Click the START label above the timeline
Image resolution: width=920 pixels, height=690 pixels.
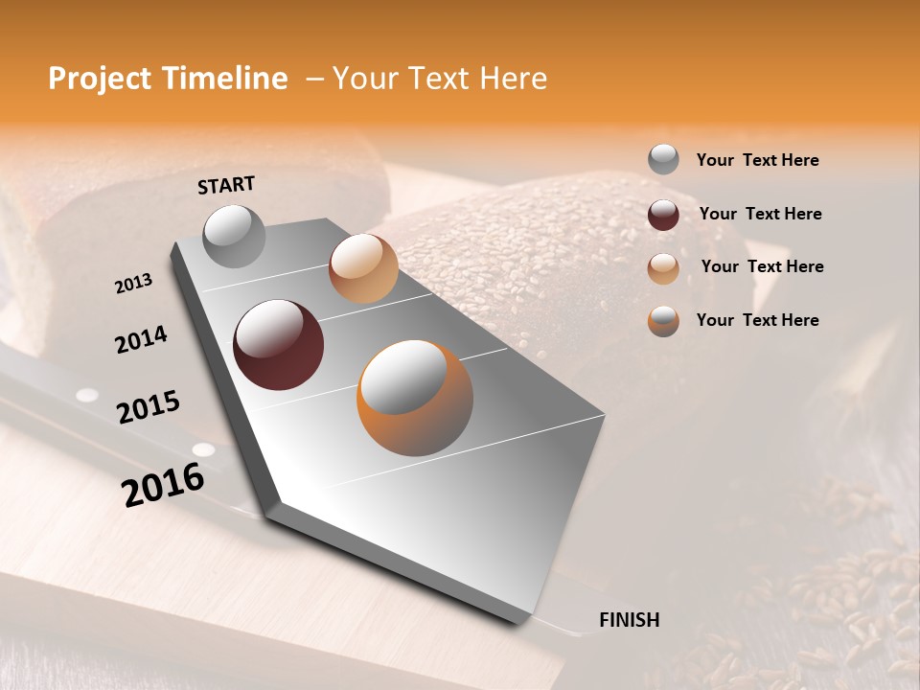pos(226,184)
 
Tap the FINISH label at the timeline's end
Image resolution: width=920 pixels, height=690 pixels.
pos(630,620)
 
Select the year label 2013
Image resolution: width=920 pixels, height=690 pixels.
pos(134,284)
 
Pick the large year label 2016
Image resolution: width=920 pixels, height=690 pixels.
pos(163,485)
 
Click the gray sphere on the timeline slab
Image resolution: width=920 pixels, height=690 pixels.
pos(235,236)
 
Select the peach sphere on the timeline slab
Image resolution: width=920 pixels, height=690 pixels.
pos(363,268)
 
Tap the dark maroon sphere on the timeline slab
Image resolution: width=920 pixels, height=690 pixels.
pos(279,345)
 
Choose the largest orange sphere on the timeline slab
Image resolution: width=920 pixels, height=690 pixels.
pos(415,398)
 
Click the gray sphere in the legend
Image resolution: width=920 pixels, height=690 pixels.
pos(663,159)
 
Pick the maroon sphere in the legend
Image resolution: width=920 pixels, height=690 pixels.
pos(663,215)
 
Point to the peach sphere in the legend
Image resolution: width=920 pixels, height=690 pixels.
pos(663,268)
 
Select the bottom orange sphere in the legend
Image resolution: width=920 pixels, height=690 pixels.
pos(663,321)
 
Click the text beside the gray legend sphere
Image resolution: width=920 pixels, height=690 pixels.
pos(757,160)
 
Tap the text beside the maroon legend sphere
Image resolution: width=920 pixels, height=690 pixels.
pos(760,214)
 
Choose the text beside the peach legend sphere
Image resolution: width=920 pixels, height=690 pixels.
pos(762,266)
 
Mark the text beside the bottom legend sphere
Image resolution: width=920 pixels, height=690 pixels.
pos(757,320)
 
